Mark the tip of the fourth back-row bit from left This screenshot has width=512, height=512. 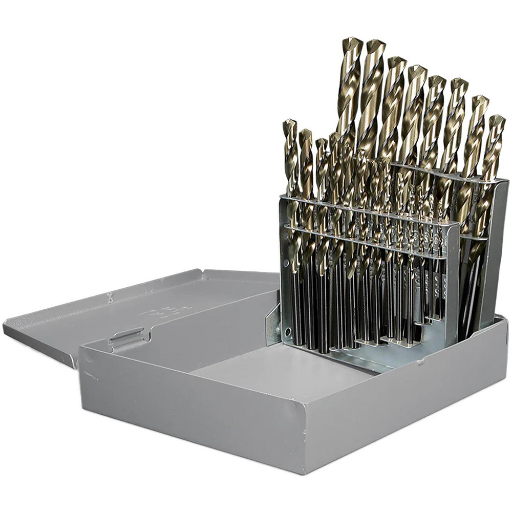coord(417,69)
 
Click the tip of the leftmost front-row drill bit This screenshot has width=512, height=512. coord(289,123)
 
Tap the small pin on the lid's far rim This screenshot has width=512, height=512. coord(109,295)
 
